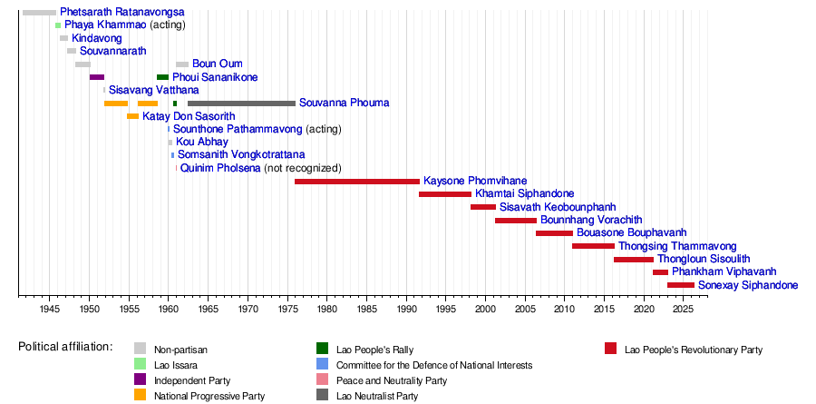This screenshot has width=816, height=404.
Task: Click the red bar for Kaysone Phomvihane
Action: coord(357,182)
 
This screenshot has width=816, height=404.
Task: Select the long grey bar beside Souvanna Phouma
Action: coord(241,103)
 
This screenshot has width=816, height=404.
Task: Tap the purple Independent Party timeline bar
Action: coord(97,77)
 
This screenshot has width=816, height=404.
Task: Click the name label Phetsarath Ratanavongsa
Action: coord(122,12)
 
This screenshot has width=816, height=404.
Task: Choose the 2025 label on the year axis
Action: coord(684,310)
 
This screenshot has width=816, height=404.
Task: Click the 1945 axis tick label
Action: coord(50,310)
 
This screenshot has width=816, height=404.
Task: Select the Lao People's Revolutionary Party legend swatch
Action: coord(610,349)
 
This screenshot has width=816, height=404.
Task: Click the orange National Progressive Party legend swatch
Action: coord(140,395)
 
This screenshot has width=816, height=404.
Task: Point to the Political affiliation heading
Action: coord(65,347)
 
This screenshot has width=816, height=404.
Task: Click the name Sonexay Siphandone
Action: coord(748,285)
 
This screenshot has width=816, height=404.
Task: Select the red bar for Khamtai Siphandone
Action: coord(445,194)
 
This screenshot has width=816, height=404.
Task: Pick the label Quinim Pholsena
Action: coord(220,168)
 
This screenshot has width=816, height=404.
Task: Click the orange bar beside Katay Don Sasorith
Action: coord(132,116)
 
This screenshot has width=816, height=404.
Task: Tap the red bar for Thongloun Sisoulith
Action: coord(634,260)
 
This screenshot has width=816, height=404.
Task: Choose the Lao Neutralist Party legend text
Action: coord(377,395)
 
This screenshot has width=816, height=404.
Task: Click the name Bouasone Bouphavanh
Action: coord(631,233)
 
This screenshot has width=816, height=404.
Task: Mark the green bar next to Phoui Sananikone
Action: coord(162,77)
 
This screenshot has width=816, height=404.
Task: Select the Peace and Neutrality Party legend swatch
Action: coord(321,379)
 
